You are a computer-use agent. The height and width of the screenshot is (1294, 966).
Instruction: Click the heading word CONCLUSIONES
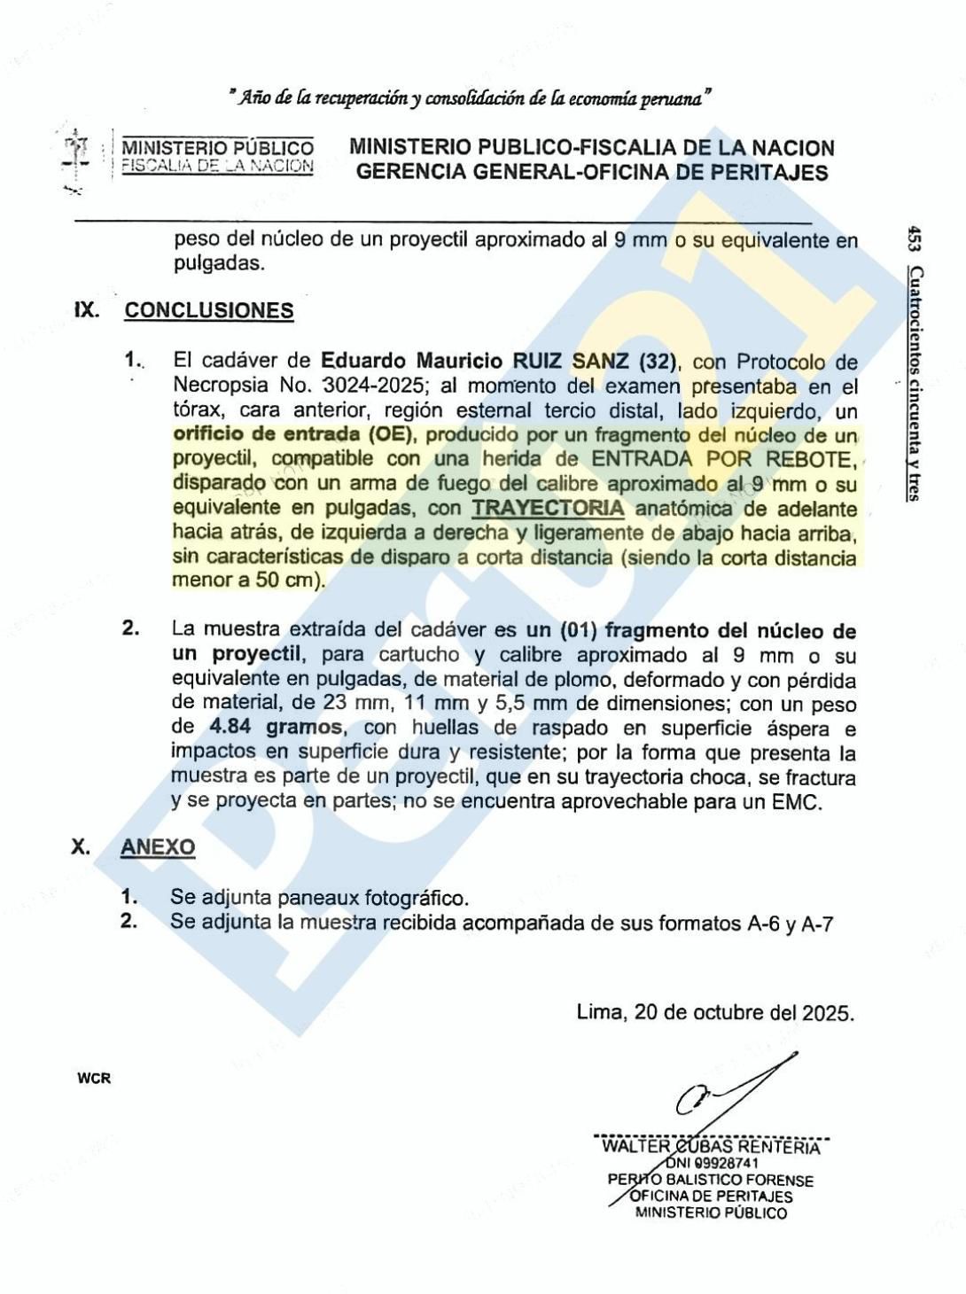click(208, 310)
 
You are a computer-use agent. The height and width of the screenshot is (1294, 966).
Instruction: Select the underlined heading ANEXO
click(158, 846)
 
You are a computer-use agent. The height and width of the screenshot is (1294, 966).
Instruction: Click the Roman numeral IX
click(86, 310)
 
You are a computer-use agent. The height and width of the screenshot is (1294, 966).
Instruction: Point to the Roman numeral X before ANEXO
click(80, 846)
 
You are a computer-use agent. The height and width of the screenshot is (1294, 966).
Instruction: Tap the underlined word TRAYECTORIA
click(548, 508)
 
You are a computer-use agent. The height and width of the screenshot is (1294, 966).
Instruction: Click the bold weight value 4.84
click(230, 728)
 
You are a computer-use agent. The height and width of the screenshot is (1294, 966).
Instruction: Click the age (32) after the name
click(651, 361)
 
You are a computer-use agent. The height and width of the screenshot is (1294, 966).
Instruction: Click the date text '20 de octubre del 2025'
click(743, 1012)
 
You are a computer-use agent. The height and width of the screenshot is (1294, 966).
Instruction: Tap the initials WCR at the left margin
click(94, 1079)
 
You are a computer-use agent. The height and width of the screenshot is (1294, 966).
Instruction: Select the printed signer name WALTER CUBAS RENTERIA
click(711, 1147)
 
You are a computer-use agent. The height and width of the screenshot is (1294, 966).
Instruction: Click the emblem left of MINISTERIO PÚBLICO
click(78, 160)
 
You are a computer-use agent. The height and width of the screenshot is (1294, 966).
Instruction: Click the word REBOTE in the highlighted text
click(814, 459)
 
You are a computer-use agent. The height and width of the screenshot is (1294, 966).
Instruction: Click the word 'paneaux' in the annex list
click(318, 898)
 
